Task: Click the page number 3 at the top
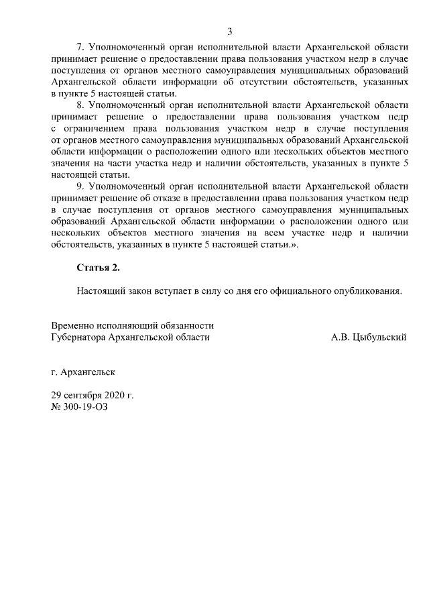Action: tap(230, 32)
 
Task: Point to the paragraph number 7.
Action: tap(79, 46)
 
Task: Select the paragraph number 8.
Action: tap(79, 106)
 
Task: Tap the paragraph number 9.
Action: tap(79, 186)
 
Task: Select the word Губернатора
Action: tap(79, 337)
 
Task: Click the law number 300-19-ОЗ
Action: tap(84, 407)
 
